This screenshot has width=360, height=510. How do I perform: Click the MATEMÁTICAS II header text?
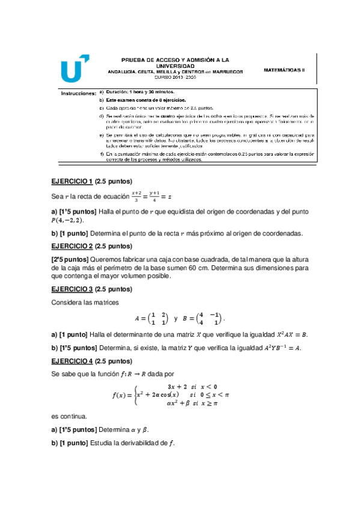(x=284, y=70)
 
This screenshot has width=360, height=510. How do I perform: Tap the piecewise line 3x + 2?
(x=191, y=386)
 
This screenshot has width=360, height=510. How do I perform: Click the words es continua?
(x=70, y=416)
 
